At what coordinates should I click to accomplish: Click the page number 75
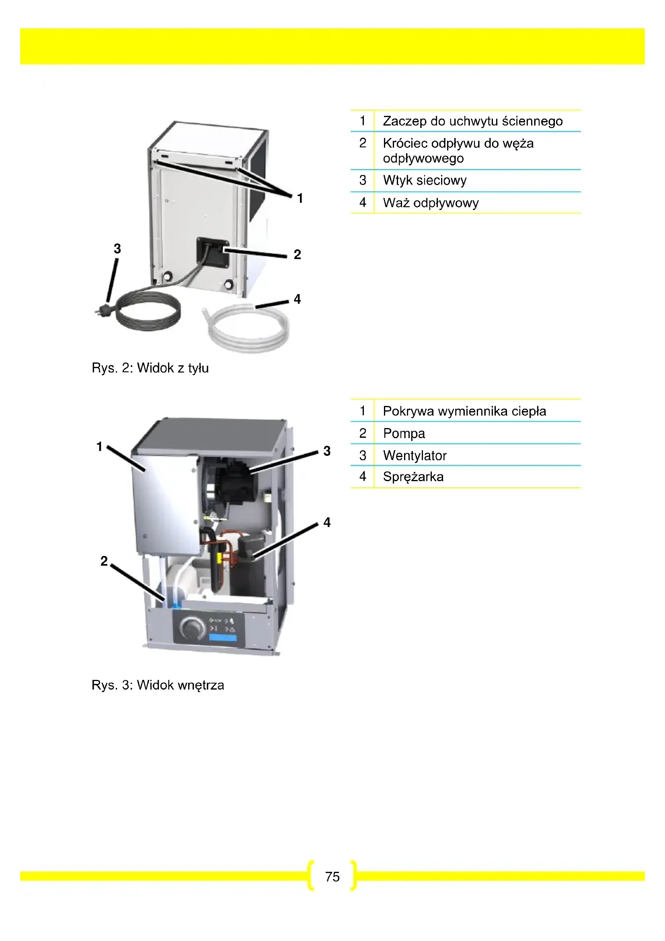332,877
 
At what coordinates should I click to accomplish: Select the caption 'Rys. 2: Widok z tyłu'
150,368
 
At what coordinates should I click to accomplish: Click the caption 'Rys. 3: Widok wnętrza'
158,685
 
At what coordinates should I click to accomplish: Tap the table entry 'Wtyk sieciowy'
425,180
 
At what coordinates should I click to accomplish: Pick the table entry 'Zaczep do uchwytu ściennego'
472,121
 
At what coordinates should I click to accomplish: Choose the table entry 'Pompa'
404,433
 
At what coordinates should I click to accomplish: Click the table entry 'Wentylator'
415,455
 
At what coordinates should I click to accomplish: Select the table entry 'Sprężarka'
413,477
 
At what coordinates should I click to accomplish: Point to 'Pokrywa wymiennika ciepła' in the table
464,411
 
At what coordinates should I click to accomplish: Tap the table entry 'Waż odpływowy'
431,203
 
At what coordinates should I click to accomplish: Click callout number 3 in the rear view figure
117,248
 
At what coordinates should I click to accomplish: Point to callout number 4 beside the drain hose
297,299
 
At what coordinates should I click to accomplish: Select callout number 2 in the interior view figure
104,561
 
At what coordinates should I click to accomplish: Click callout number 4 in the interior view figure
327,522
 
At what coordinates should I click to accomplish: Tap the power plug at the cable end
103,310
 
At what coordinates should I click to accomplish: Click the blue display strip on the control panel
223,638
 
